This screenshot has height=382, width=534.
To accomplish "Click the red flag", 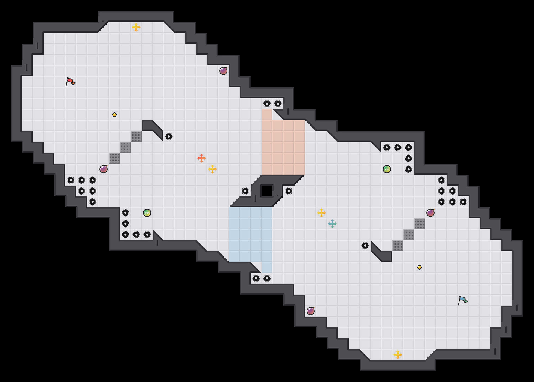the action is coord(70,82).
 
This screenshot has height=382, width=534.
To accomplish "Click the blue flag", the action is coord(463,300).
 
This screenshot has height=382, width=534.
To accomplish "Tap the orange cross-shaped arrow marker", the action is coord(201,158).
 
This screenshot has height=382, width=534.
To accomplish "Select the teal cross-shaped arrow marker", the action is coord(332,224).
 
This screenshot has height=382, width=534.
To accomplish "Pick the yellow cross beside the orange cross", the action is coord(213,169).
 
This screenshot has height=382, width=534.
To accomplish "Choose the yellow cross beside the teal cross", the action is coord(321,213).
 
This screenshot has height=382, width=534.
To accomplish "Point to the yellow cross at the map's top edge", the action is coord(136,27).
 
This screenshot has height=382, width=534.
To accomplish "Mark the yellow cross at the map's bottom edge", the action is coord(398,355).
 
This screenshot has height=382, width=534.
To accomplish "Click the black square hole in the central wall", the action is coord(267,191).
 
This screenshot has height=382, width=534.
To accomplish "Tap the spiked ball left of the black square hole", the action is coord(245,191).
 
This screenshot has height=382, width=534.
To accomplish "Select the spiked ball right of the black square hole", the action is coord(289,191).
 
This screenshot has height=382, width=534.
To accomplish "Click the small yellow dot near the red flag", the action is coord(114,115).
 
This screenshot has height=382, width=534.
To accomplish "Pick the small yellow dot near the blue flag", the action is coord(420,267).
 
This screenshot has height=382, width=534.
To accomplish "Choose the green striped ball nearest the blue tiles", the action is coord(147,213).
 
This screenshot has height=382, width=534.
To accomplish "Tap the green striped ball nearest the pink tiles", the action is coord(387,169).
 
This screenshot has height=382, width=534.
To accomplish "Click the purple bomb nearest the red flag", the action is coord(104,169).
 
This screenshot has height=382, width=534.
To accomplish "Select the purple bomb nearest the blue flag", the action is coord(430,213).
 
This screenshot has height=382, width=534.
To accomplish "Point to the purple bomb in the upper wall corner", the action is coord(223,71).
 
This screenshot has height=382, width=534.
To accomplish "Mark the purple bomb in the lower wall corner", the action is coord(311,311).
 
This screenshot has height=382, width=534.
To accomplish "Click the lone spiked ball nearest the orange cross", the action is coord(169,136).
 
